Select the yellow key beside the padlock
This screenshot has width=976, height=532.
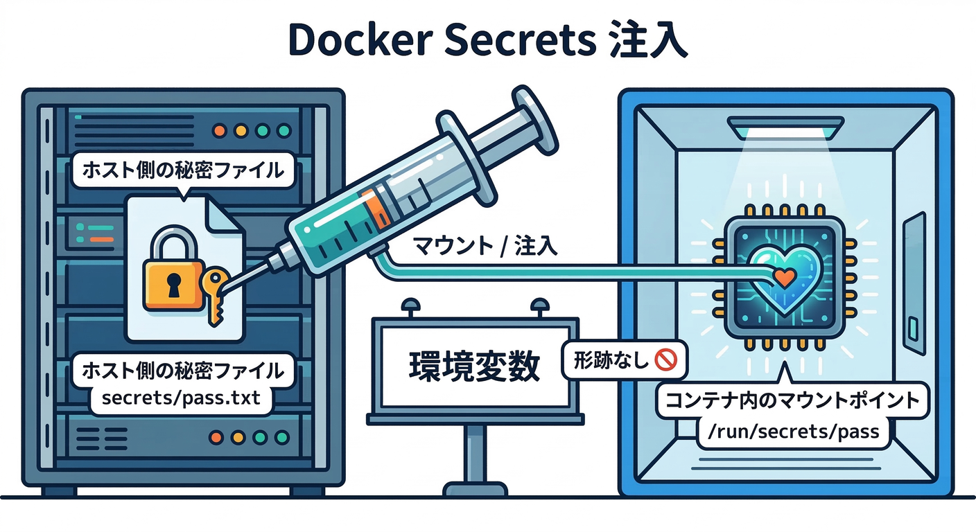tap(216, 294)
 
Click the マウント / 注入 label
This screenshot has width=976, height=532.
tap(485, 247)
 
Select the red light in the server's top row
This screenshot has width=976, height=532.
tap(220, 130)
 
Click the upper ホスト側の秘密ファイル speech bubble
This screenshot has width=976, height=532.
tap(183, 170)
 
